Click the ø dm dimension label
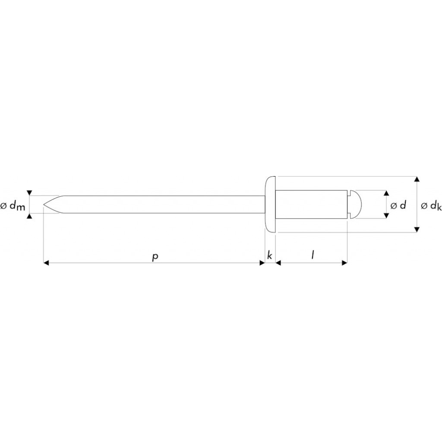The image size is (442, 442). pyautogui.click(x=13, y=206)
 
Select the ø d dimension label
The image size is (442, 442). pyautogui.click(x=398, y=205)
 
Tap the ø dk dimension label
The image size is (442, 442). pyautogui.click(x=431, y=206)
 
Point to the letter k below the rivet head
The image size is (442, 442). pyautogui.click(x=270, y=256)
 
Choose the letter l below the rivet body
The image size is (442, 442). pyautogui.click(x=313, y=255)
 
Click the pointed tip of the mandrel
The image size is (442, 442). pyautogui.click(x=44, y=204)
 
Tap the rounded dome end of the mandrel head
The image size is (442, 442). pyautogui.click(x=358, y=204)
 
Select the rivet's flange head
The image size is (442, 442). pyautogui.click(x=270, y=204)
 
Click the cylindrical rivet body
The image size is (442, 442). pyautogui.click(x=312, y=204)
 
